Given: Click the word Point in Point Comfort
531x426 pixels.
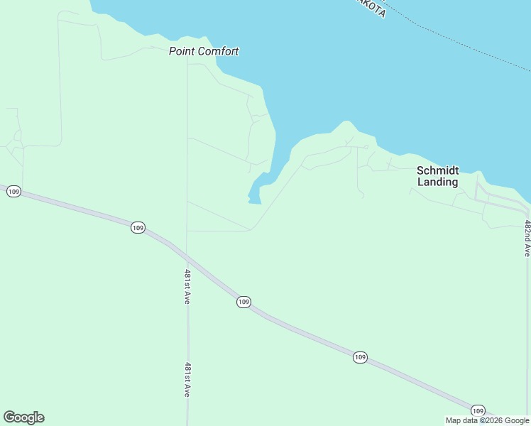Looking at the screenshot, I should (x=182, y=51).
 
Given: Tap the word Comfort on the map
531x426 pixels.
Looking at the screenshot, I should (x=218, y=51).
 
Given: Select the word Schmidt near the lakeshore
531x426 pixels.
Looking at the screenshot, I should (x=437, y=170).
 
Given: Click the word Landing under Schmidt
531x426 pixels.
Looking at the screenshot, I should (x=437, y=182).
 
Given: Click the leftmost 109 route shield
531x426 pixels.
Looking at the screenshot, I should (x=14, y=192).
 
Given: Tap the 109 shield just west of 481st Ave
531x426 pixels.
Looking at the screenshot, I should (x=138, y=227).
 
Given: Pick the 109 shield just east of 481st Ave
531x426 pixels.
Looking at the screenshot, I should (x=243, y=302).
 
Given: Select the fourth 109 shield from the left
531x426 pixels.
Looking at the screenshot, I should (x=360, y=357).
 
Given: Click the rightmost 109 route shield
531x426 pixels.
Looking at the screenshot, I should (x=478, y=410).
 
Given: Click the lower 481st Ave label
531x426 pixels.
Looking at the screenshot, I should (x=187, y=379).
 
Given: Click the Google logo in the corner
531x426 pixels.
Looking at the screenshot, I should (x=23, y=417).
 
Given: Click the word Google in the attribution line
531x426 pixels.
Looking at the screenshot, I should (x=517, y=421).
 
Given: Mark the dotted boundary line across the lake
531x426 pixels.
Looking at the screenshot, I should (x=461, y=43).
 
